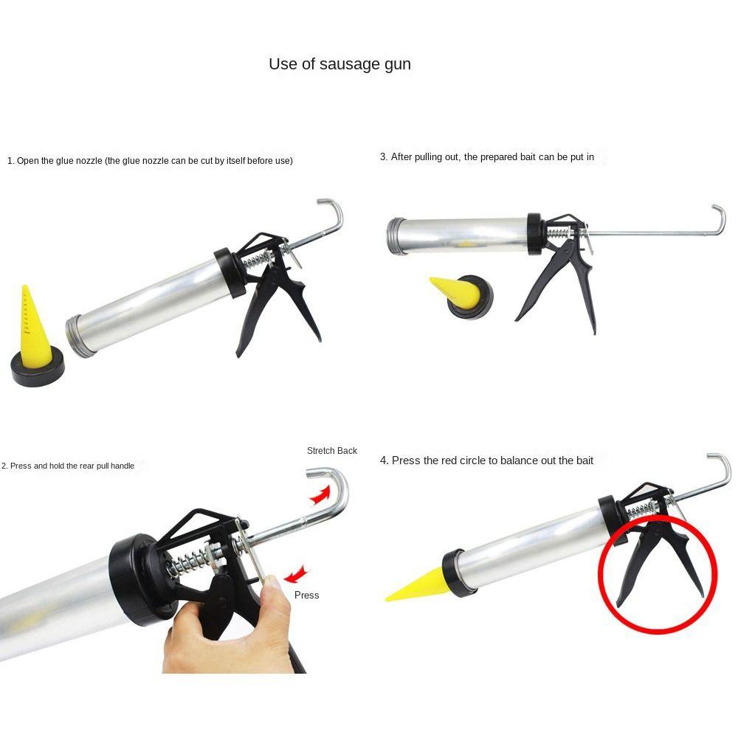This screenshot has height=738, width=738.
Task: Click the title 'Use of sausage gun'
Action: point(339,64)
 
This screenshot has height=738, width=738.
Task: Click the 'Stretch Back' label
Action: point(332,451)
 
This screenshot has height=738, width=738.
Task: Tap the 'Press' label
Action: point(306,595)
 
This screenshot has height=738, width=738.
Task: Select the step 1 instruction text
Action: point(150,161)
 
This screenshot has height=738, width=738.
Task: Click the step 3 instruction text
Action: point(486,157)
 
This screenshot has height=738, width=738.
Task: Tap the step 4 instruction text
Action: point(486,461)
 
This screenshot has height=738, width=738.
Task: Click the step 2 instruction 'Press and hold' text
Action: point(68,466)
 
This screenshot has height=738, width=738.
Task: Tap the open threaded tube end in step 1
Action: point(80,337)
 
